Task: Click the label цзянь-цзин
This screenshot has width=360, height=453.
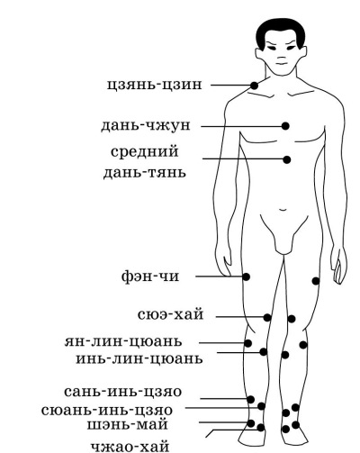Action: [155, 85]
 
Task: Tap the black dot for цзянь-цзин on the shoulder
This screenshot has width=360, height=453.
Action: [254, 86]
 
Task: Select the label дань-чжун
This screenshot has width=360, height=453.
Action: [146, 125]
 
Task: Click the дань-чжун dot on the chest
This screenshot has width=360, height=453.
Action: [285, 126]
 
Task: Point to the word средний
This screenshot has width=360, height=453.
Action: [145, 151]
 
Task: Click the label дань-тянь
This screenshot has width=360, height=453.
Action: [145, 173]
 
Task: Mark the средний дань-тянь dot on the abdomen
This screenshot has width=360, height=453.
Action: [287, 159]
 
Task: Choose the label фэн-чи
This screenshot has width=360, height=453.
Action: [150, 276]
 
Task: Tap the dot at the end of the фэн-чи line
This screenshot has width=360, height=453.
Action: [247, 276]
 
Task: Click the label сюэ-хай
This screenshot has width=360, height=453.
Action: [171, 314]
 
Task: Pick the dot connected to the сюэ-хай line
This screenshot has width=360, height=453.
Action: [267, 317]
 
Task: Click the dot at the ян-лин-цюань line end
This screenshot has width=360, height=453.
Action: [247, 343]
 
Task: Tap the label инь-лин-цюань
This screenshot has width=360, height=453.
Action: [139, 358]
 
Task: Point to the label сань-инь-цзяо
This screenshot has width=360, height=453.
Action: [123, 392]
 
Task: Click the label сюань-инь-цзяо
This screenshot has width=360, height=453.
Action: [107, 410]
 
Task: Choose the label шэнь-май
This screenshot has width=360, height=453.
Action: [128, 425]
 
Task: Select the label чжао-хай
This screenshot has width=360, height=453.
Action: [130, 447]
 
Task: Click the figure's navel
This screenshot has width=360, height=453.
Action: [283, 210]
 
